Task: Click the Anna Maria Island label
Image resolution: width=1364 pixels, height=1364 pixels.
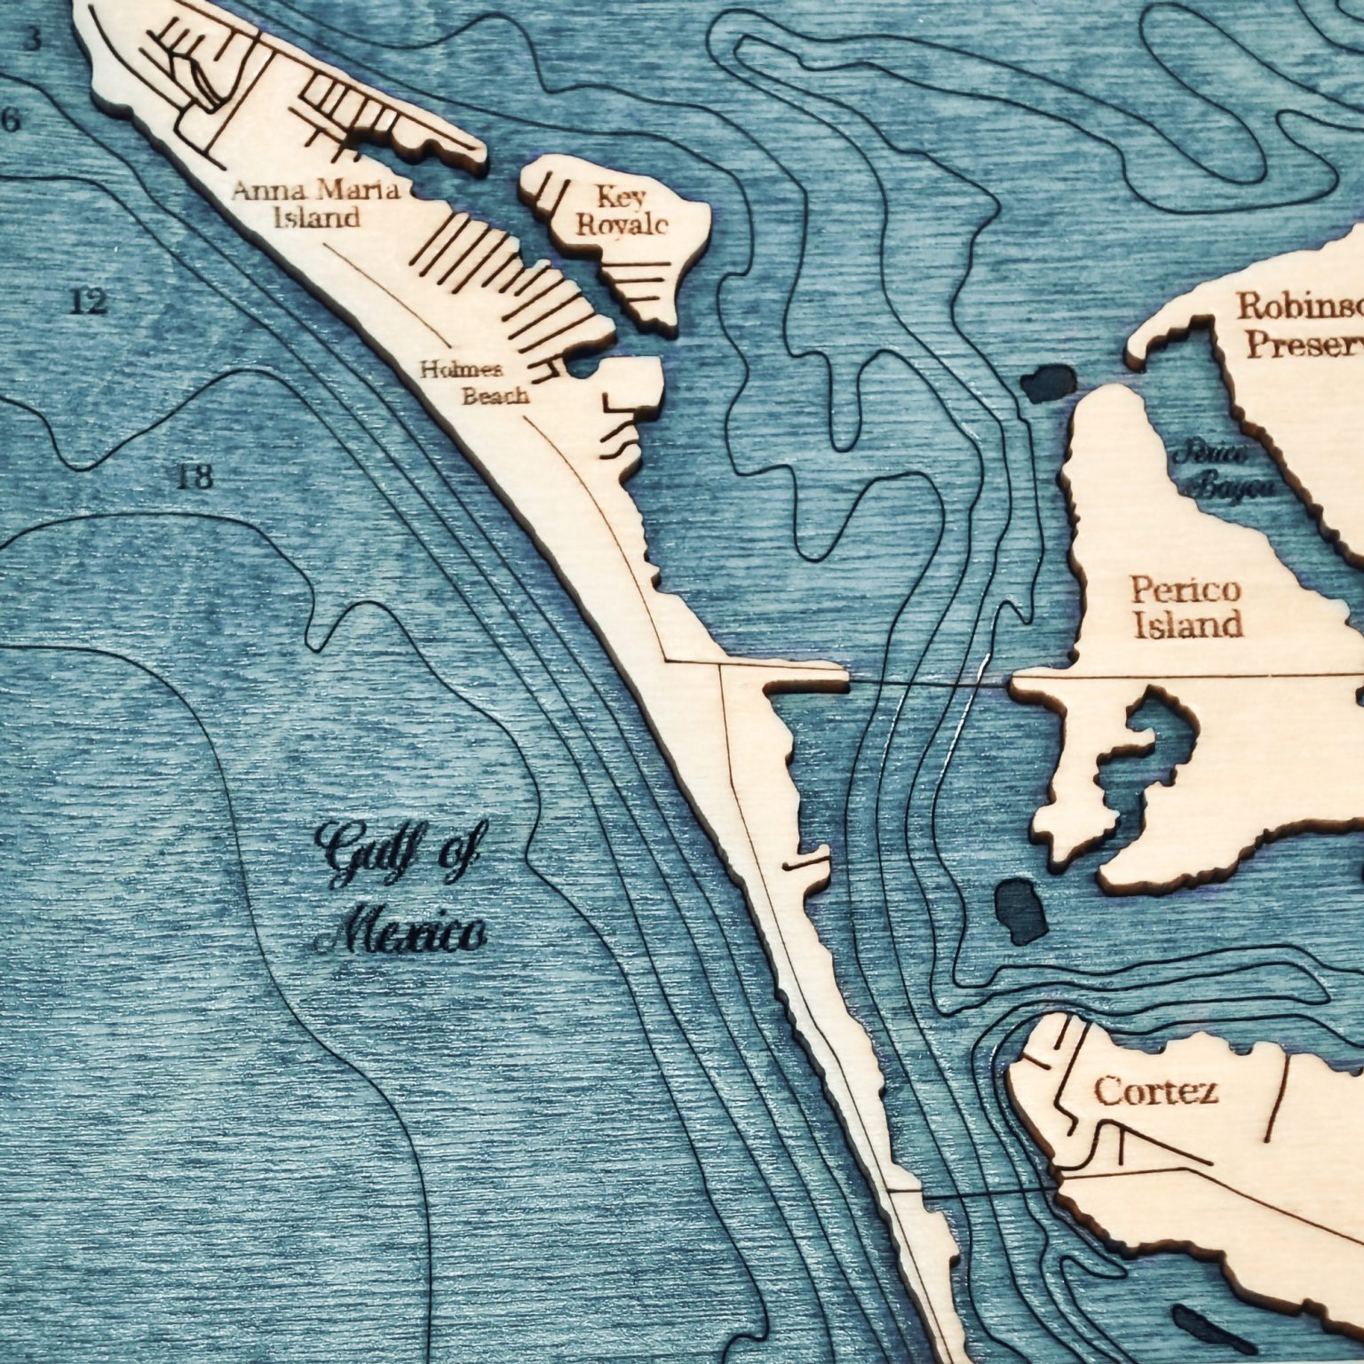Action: (x=317, y=203)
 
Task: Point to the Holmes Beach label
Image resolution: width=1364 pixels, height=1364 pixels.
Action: (x=474, y=383)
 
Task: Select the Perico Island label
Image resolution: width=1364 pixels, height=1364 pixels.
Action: (x=1186, y=607)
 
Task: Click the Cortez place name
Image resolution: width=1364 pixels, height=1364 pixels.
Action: (x=1155, y=1090)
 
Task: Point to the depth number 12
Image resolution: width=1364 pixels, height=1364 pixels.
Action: (x=88, y=303)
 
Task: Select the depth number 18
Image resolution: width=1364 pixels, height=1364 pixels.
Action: (x=194, y=479)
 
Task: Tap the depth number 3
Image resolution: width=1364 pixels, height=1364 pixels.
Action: (x=32, y=40)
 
